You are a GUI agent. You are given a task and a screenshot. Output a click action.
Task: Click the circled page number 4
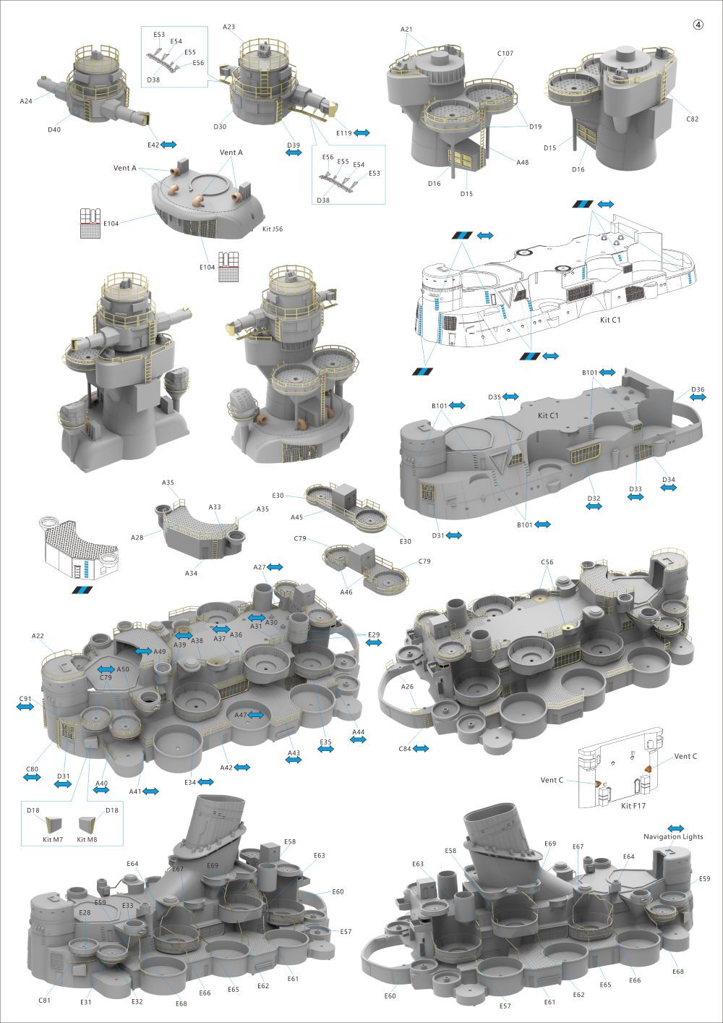698,25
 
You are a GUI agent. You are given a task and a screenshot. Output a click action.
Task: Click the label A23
228,27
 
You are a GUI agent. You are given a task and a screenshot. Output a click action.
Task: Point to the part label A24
26,101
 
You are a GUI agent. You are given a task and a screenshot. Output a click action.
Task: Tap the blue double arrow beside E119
361,133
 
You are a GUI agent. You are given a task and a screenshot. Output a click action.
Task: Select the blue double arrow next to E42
168,145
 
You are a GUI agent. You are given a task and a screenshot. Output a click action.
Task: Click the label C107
505,54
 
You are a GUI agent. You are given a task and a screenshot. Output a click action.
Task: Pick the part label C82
692,119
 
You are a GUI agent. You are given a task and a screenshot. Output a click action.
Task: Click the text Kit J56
273,229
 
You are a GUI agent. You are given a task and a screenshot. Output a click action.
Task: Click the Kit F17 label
633,806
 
